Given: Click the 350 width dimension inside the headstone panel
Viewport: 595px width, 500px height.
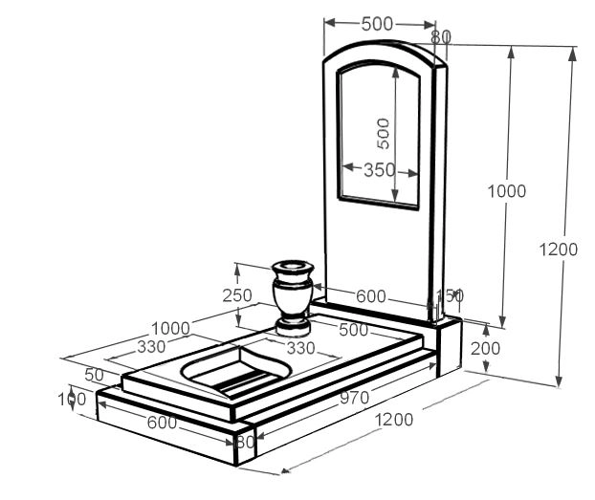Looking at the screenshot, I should click(380, 170).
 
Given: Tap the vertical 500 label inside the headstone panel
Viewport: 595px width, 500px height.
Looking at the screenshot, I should click(383, 132).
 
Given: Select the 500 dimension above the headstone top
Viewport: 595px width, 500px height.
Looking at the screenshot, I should click(378, 24).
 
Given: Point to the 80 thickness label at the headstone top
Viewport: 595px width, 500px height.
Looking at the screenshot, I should click(440, 37).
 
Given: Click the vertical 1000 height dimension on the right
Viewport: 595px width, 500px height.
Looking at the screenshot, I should click(506, 191).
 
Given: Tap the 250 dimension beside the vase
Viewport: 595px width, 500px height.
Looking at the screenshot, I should click(237, 295).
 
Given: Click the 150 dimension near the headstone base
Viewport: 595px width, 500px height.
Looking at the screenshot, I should click(450, 295).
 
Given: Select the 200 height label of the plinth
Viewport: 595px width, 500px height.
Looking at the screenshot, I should click(485, 349).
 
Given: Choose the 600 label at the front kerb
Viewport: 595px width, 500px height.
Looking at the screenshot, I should click(162, 422).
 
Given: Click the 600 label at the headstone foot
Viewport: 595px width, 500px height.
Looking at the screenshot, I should click(371, 297).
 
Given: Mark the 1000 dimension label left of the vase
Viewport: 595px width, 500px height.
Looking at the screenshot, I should click(170, 329).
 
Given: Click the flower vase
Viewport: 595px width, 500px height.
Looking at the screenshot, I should click(293, 293).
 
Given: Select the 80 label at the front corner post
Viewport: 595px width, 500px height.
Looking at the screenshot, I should click(245, 442).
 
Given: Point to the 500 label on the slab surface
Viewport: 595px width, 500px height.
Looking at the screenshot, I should click(353, 331).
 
